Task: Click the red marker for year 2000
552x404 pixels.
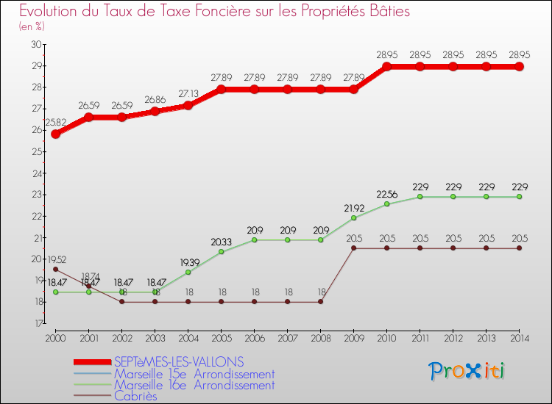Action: (x=56, y=134)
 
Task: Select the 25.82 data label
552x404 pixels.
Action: (x=56, y=123)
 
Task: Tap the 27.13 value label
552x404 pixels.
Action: (x=188, y=94)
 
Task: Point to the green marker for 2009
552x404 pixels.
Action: (x=353, y=218)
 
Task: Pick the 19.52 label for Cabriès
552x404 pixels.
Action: (x=56, y=259)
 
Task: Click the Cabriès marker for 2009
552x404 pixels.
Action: (x=353, y=248)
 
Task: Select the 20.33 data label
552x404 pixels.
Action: (x=221, y=242)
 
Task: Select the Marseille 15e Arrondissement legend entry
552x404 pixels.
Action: (x=194, y=374)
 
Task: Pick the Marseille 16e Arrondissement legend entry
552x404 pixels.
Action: (x=194, y=385)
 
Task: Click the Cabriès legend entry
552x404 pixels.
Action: (x=135, y=396)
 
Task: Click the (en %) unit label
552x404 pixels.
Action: (x=32, y=26)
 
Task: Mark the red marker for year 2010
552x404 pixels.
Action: (x=386, y=67)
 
